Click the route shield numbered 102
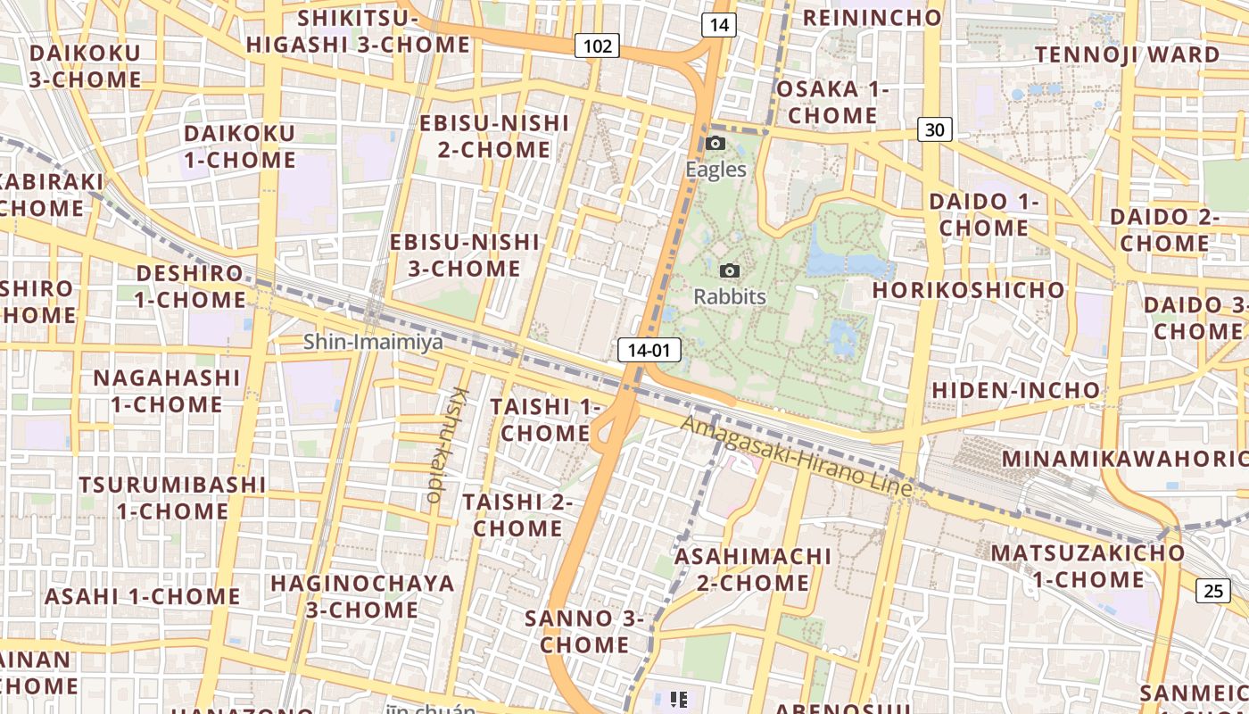[597, 46]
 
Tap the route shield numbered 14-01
[649, 350]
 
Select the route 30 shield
[934, 130]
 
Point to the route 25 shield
[1212, 590]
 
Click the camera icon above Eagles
[715, 144]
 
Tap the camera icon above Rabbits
[730, 270]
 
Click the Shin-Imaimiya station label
[373, 342]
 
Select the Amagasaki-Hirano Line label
[797, 457]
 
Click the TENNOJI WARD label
[1127, 54]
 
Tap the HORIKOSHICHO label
[968, 290]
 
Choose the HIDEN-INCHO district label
[1016, 390]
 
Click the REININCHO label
[872, 18]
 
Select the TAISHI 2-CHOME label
[517, 515]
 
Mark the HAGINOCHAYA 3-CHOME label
[362, 596]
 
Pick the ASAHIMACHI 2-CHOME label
[753, 569]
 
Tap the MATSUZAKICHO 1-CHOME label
[1088, 566]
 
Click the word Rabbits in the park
[730, 296]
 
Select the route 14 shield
[718, 25]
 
